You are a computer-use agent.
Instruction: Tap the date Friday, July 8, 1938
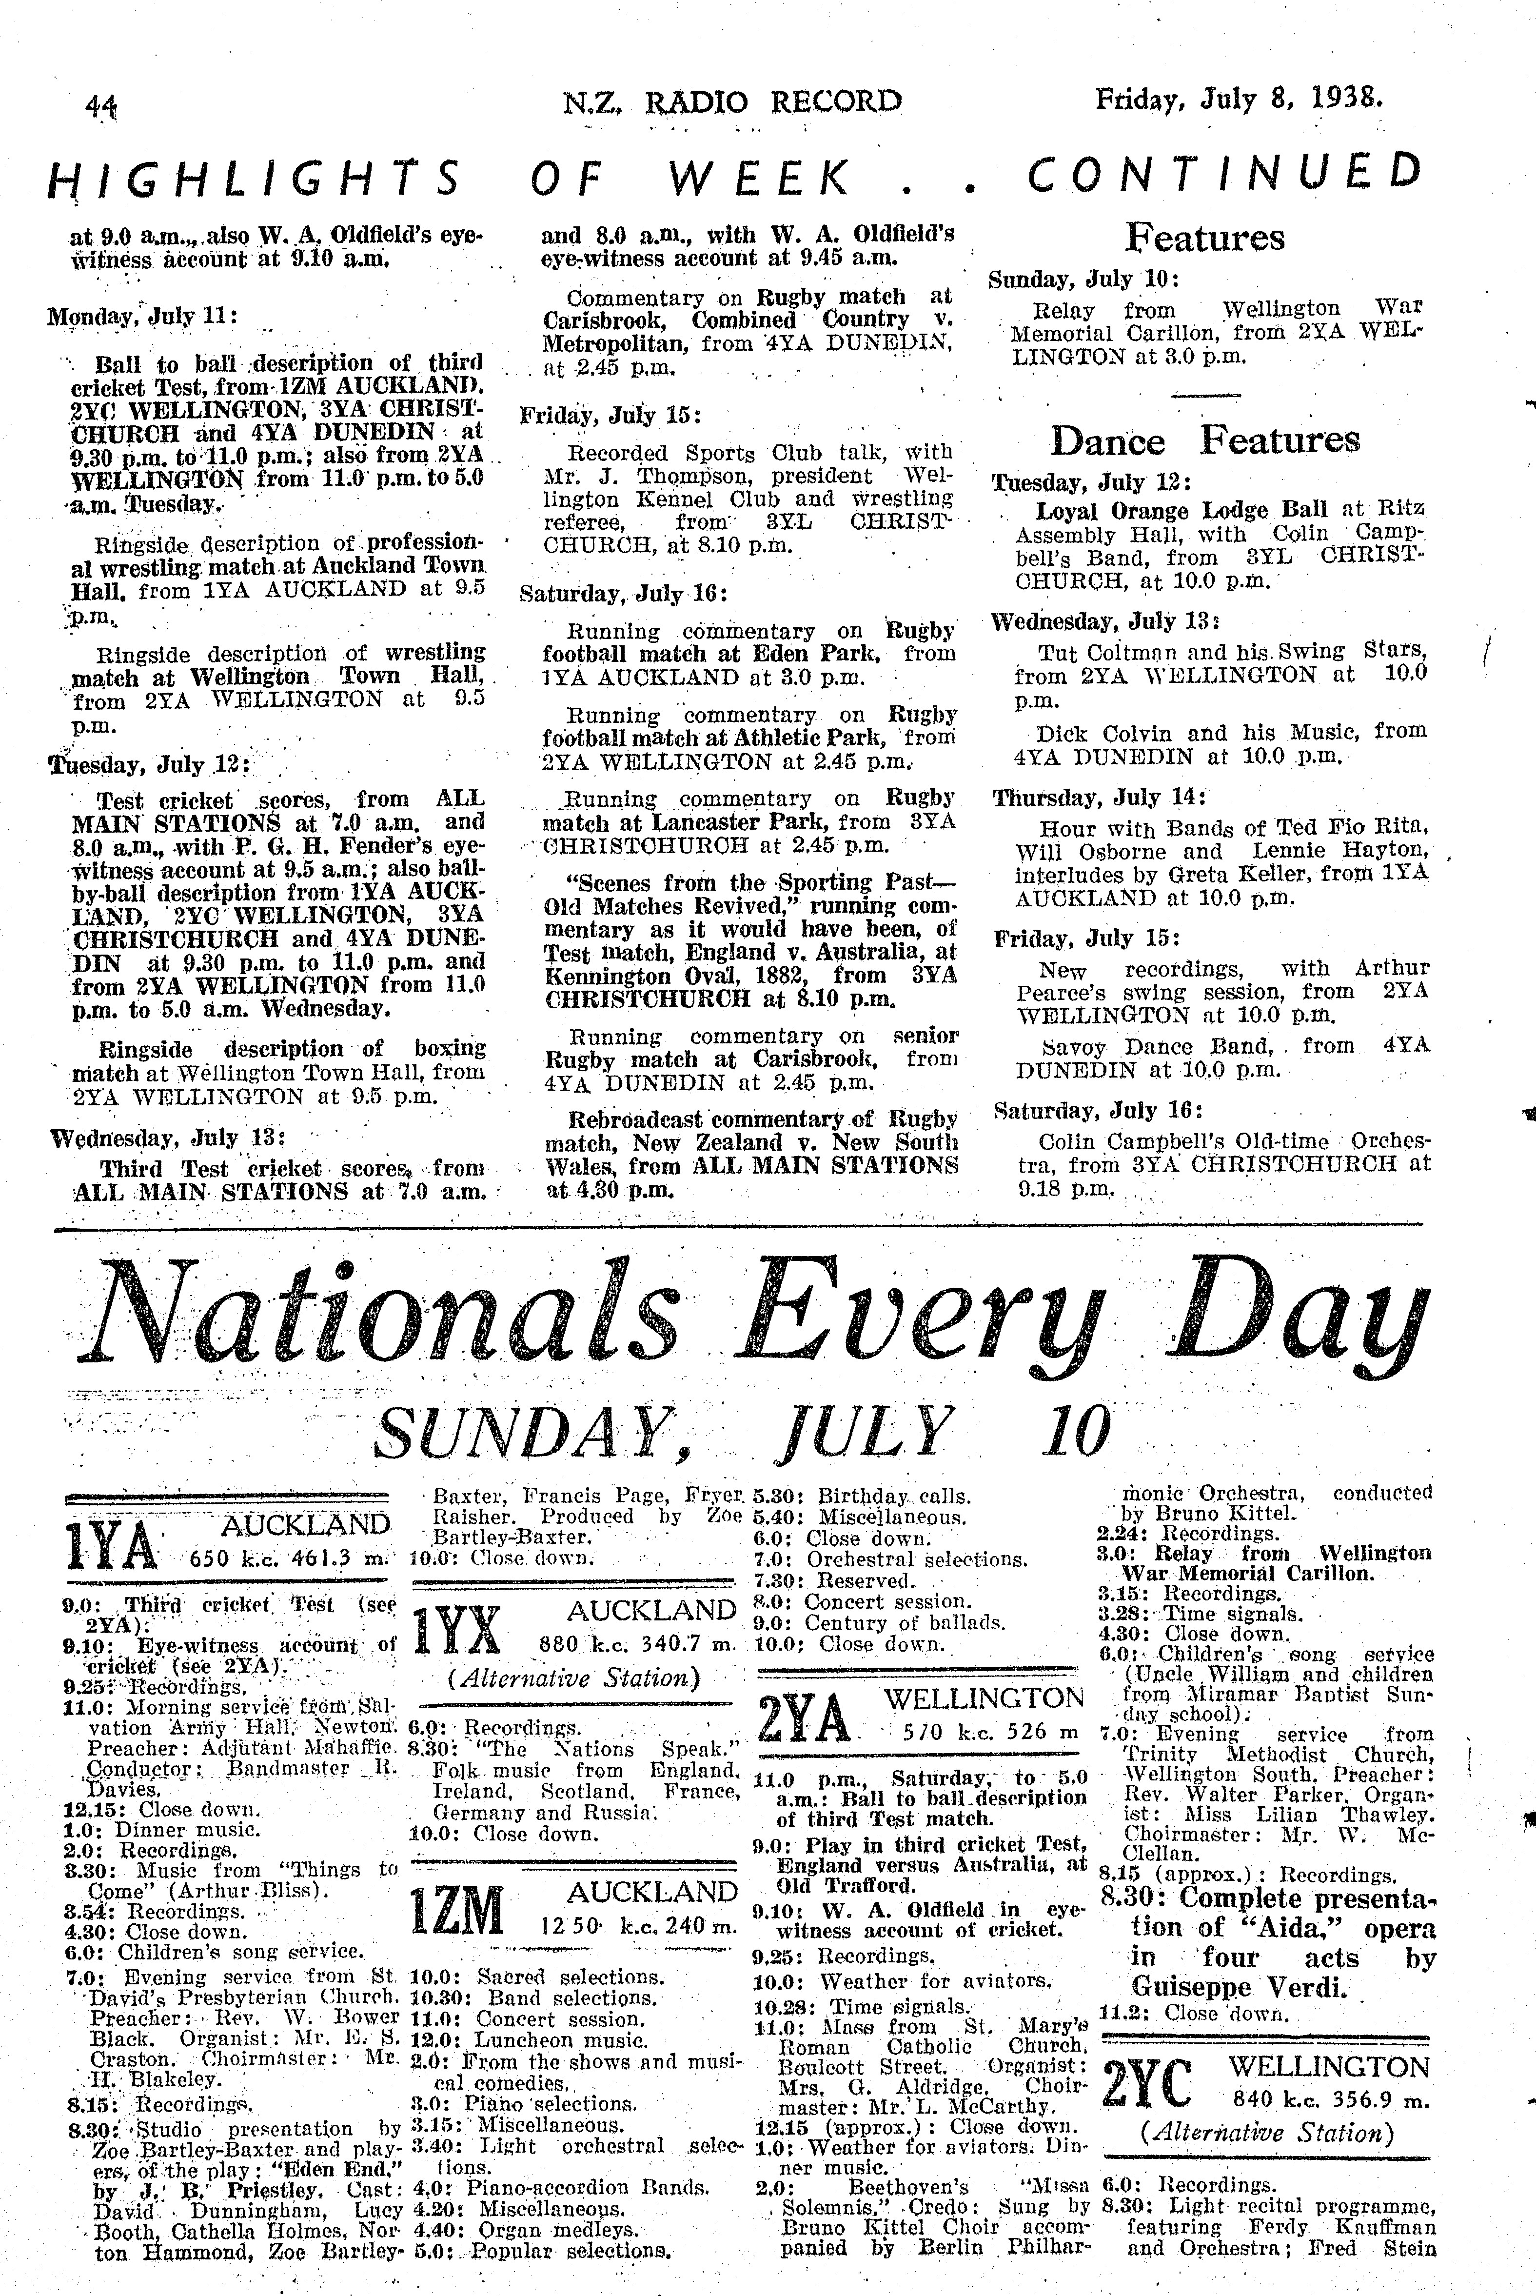(1239, 99)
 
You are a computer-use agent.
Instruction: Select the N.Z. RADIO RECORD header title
(733, 101)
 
